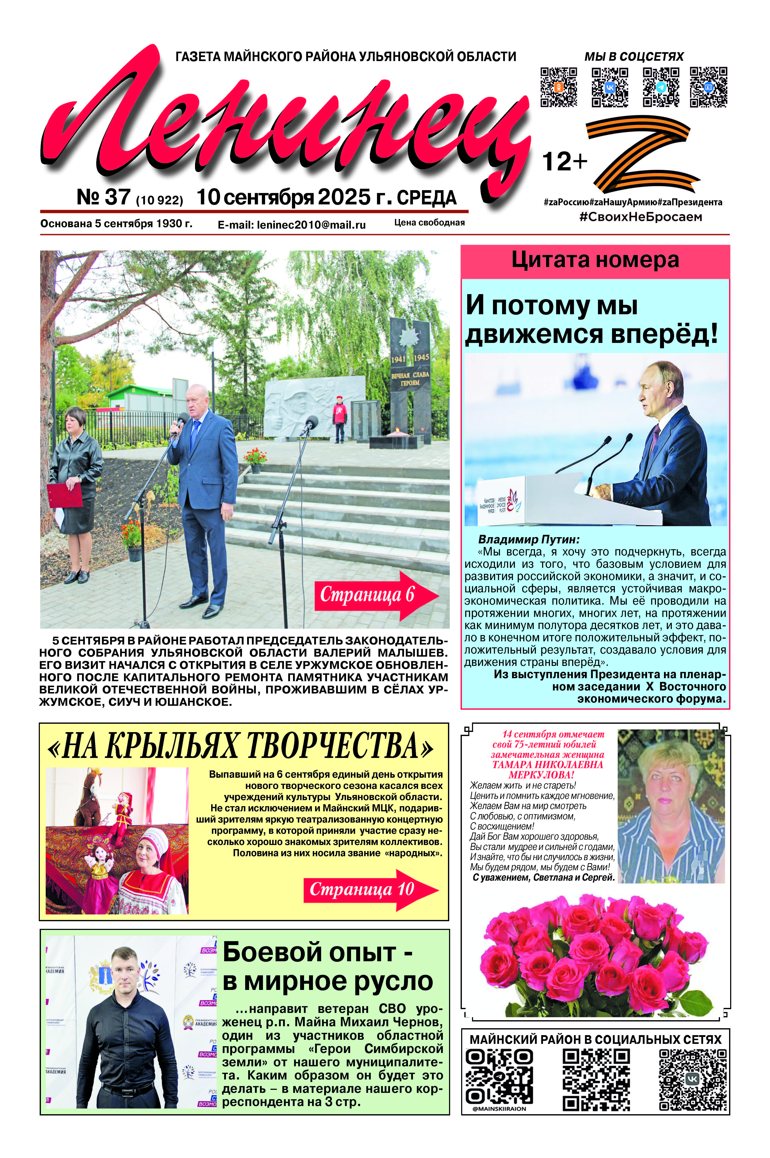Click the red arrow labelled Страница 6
[376, 595]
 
